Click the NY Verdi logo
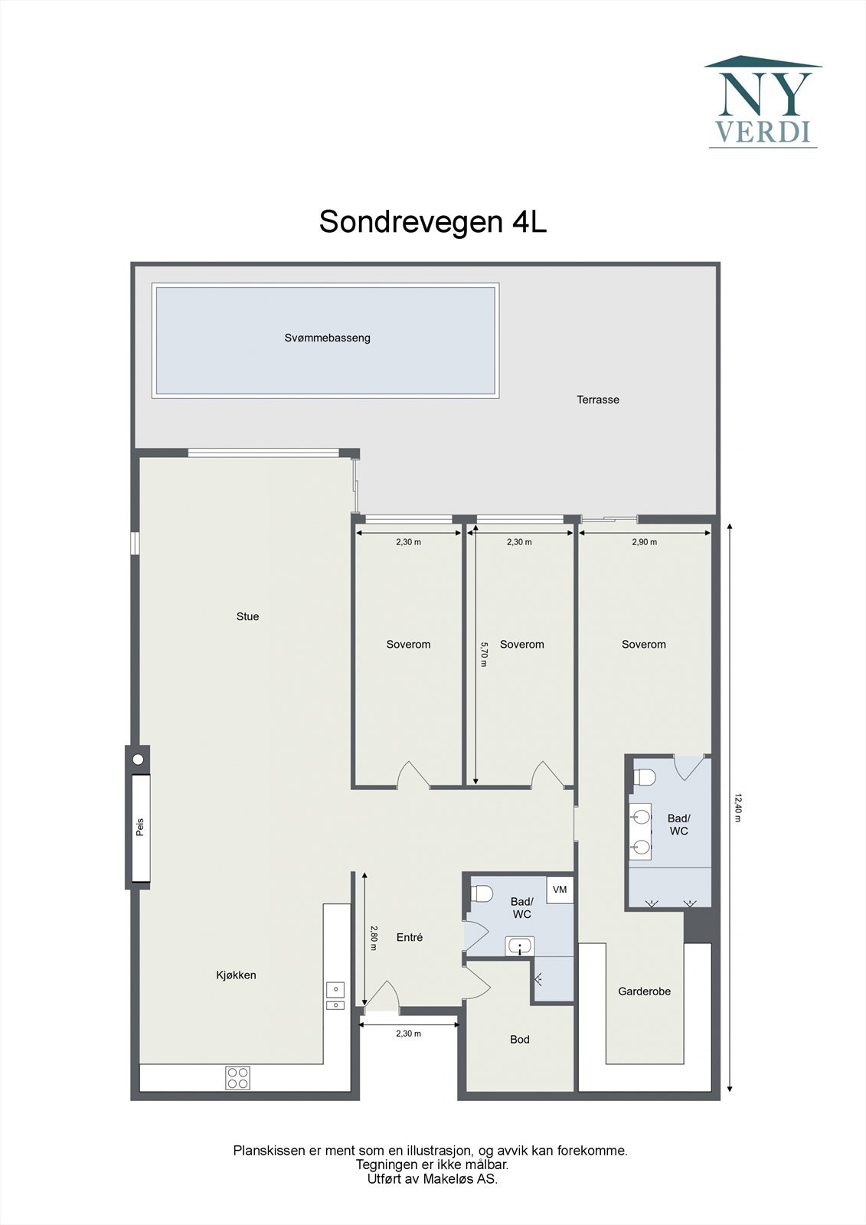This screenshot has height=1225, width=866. (x=763, y=102)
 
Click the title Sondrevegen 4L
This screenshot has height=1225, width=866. (x=433, y=222)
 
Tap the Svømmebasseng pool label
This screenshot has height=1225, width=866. (x=327, y=338)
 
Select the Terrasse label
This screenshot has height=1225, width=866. (x=598, y=400)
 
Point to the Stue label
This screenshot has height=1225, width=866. (x=247, y=616)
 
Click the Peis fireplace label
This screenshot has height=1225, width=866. (x=140, y=828)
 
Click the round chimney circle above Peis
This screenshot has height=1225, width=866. (x=138, y=759)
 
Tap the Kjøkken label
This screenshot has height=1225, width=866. (x=236, y=975)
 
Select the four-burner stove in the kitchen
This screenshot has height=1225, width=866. (x=237, y=1078)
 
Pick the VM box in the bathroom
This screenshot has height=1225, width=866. (x=560, y=890)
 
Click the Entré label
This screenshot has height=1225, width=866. (x=410, y=937)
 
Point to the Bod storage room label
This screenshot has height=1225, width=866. (x=520, y=1039)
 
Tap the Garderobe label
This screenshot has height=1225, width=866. (x=644, y=991)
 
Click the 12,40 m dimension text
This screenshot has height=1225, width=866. (x=738, y=807)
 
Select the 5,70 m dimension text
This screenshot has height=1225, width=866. (x=483, y=654)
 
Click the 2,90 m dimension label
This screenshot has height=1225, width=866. (x=644, y=542)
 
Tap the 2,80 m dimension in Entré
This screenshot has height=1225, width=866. (x=374, y=938)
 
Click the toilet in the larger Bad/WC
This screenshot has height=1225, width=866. (x=645, y=777)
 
